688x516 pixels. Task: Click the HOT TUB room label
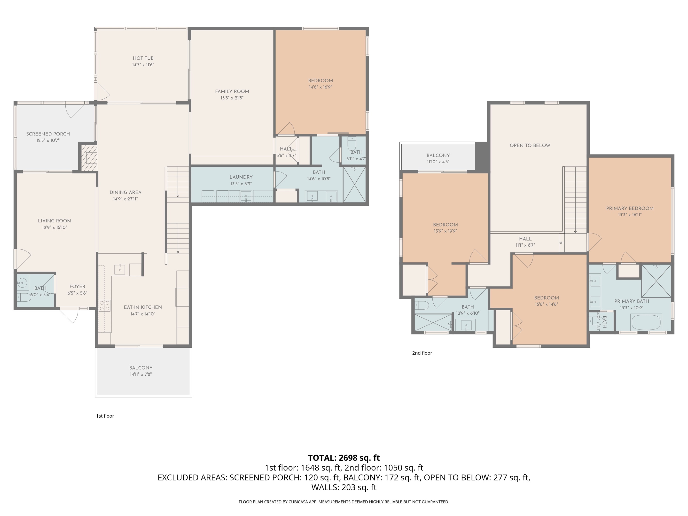coord(143,58)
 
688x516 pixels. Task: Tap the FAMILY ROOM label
coord(232,91)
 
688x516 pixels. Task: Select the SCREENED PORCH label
coord(48,134)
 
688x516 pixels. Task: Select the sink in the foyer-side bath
coord(22,283)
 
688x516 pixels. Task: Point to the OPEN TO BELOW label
coord(530,145)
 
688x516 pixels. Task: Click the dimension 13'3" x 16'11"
coord(630,215)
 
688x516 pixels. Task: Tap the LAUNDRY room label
coord(241,177)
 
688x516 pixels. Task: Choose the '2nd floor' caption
coord(422,353)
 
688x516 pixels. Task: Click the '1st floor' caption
coord(105,416)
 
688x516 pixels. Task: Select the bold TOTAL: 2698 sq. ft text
coord(344,458)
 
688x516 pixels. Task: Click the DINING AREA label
coord(125,192)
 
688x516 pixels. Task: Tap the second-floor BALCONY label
coord(438,155)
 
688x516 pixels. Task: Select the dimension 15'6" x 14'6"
coord(547,304)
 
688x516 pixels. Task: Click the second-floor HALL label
coord(525,239)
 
